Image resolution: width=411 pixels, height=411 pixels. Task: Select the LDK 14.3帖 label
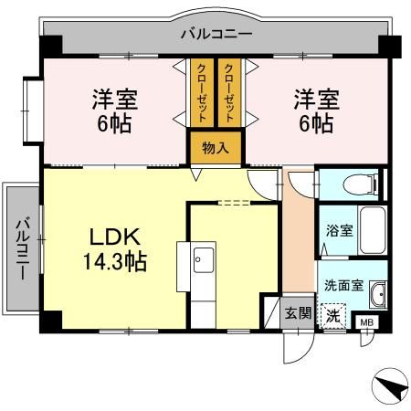point(114,248)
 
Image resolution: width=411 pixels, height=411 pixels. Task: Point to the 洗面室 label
point(343,284)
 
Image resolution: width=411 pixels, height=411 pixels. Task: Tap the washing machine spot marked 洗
point(335,315)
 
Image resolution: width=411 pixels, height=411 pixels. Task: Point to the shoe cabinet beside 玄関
point(271,312)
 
